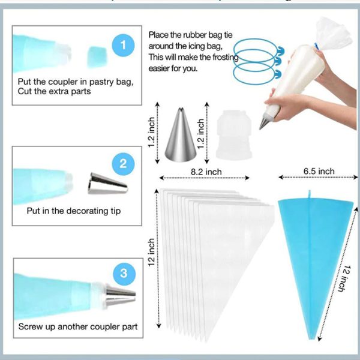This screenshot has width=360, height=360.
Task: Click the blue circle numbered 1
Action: tap(124, 44)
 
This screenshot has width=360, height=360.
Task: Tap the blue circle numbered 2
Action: tap(124, 163)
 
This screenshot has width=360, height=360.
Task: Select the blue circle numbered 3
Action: tap(124, 274)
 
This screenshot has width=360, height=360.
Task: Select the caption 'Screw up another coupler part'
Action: tap(77, 327)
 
